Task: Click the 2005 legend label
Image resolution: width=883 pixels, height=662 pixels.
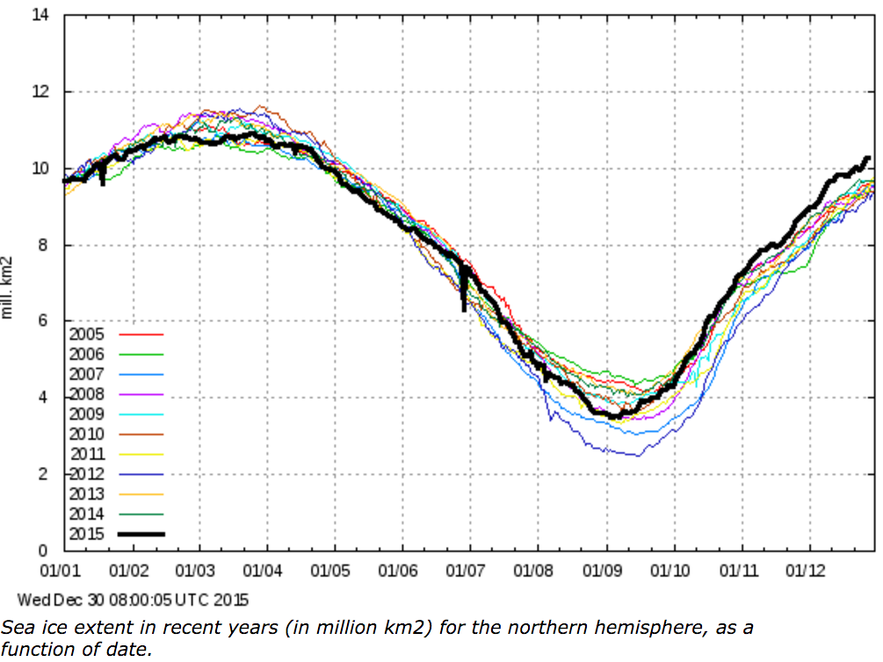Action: click(x=85, y=335)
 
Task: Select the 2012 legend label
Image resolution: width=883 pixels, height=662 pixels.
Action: click(x=85, y=474)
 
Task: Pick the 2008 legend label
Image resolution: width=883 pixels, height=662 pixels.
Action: click(x=85, y=394)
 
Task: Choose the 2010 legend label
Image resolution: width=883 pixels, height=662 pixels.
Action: click(x=85, y=434)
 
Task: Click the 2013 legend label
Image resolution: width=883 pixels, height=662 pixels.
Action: click(x=85, y=494)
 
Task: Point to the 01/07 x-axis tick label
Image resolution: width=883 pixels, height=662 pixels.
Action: click(x=468, y=571)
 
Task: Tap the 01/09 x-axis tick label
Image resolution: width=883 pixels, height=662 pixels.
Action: click(x=605, y=571)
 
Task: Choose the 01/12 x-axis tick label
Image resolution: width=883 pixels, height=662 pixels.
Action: click(x=808, y=571)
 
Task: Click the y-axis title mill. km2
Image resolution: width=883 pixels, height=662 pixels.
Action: click(x=8, y=288)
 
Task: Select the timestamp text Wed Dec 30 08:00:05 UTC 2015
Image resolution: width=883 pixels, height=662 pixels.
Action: click(x=134, y=601)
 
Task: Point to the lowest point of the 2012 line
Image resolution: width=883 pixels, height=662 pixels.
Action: click(x=638, y=456)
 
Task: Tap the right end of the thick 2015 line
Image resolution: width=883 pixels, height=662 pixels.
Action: click(x=868, y=158)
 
